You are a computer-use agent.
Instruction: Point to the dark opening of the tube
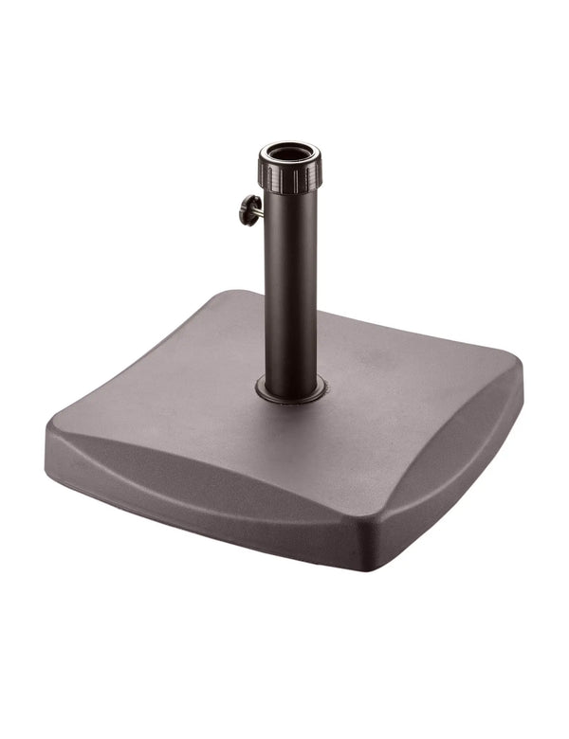(x=290, y=151)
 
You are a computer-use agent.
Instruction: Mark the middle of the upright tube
(x=291, y=284)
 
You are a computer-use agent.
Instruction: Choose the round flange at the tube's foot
(x=291, y=388)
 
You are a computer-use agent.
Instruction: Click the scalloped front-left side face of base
(x=190, y=493)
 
